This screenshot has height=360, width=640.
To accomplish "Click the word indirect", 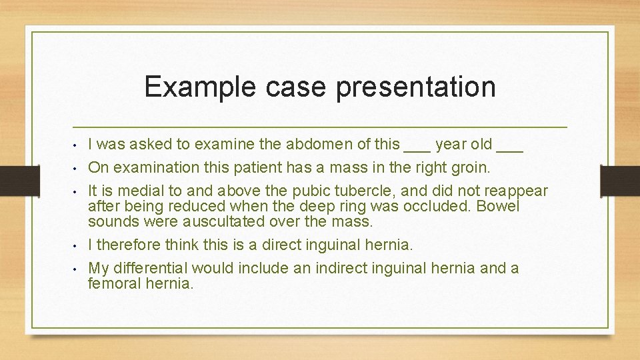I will [x=321, y=269].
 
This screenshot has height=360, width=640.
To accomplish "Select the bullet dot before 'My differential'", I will [x=77, y=269].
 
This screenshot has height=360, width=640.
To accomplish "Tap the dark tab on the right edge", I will [x=619, y=180].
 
